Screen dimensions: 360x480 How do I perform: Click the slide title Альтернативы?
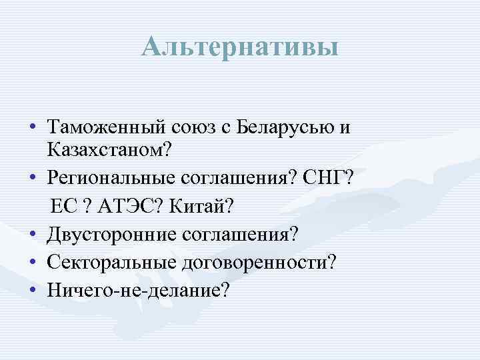(240, 47)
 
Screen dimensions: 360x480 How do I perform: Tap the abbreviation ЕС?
(64, 207)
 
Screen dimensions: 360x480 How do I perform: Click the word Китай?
(201, 207)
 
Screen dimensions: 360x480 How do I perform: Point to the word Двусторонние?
(109, 234)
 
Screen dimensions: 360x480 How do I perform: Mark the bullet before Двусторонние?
(32, 234)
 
